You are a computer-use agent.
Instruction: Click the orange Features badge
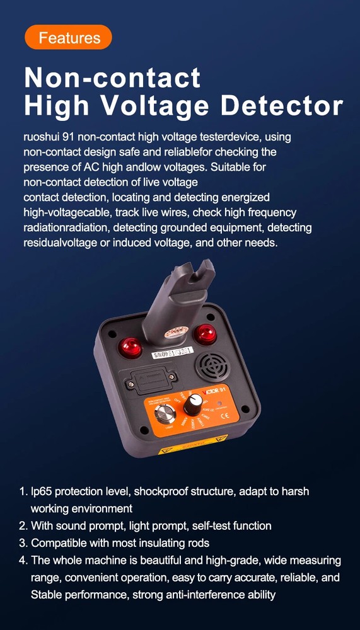[x=68, y=37]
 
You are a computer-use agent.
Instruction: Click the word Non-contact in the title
[x=112, y=77]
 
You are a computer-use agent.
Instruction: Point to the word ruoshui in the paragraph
[x=42, y=137]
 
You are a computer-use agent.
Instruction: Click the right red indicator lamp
[x=205, y=333]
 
